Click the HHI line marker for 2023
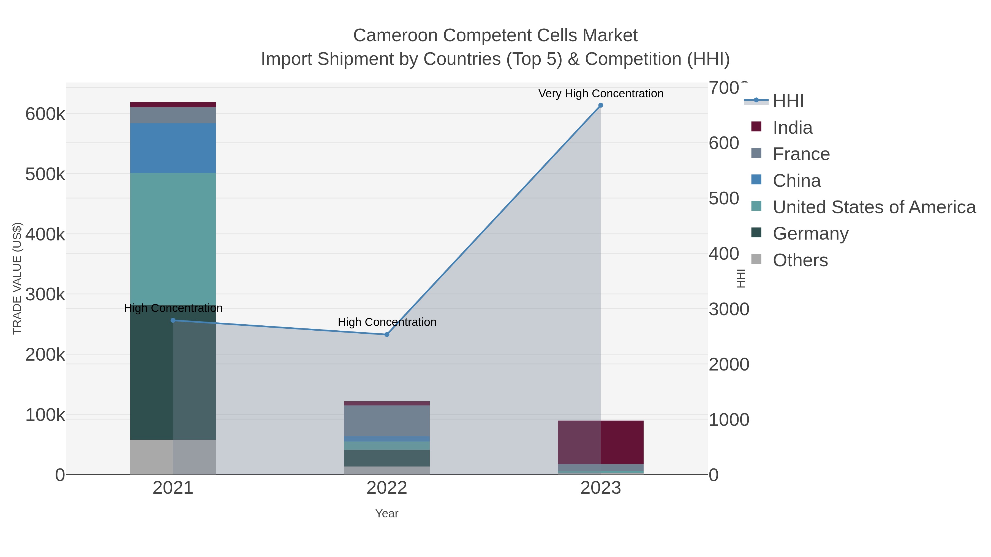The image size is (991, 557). click(601, 105)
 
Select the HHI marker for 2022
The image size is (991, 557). click(387, 334)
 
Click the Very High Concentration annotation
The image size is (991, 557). click(601, 94)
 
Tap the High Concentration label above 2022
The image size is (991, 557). click(387, 322)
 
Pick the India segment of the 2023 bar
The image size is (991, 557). click(601, 442)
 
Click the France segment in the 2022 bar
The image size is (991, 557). click(387, 421)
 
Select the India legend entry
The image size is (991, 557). click(793, 127)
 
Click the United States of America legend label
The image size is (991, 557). click(874, 207)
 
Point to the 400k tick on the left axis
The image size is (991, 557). click(45, 234)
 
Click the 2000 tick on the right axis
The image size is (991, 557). click(729, 364)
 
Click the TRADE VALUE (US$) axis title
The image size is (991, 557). click(17, 278)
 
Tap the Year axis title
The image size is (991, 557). click(387, 514)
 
